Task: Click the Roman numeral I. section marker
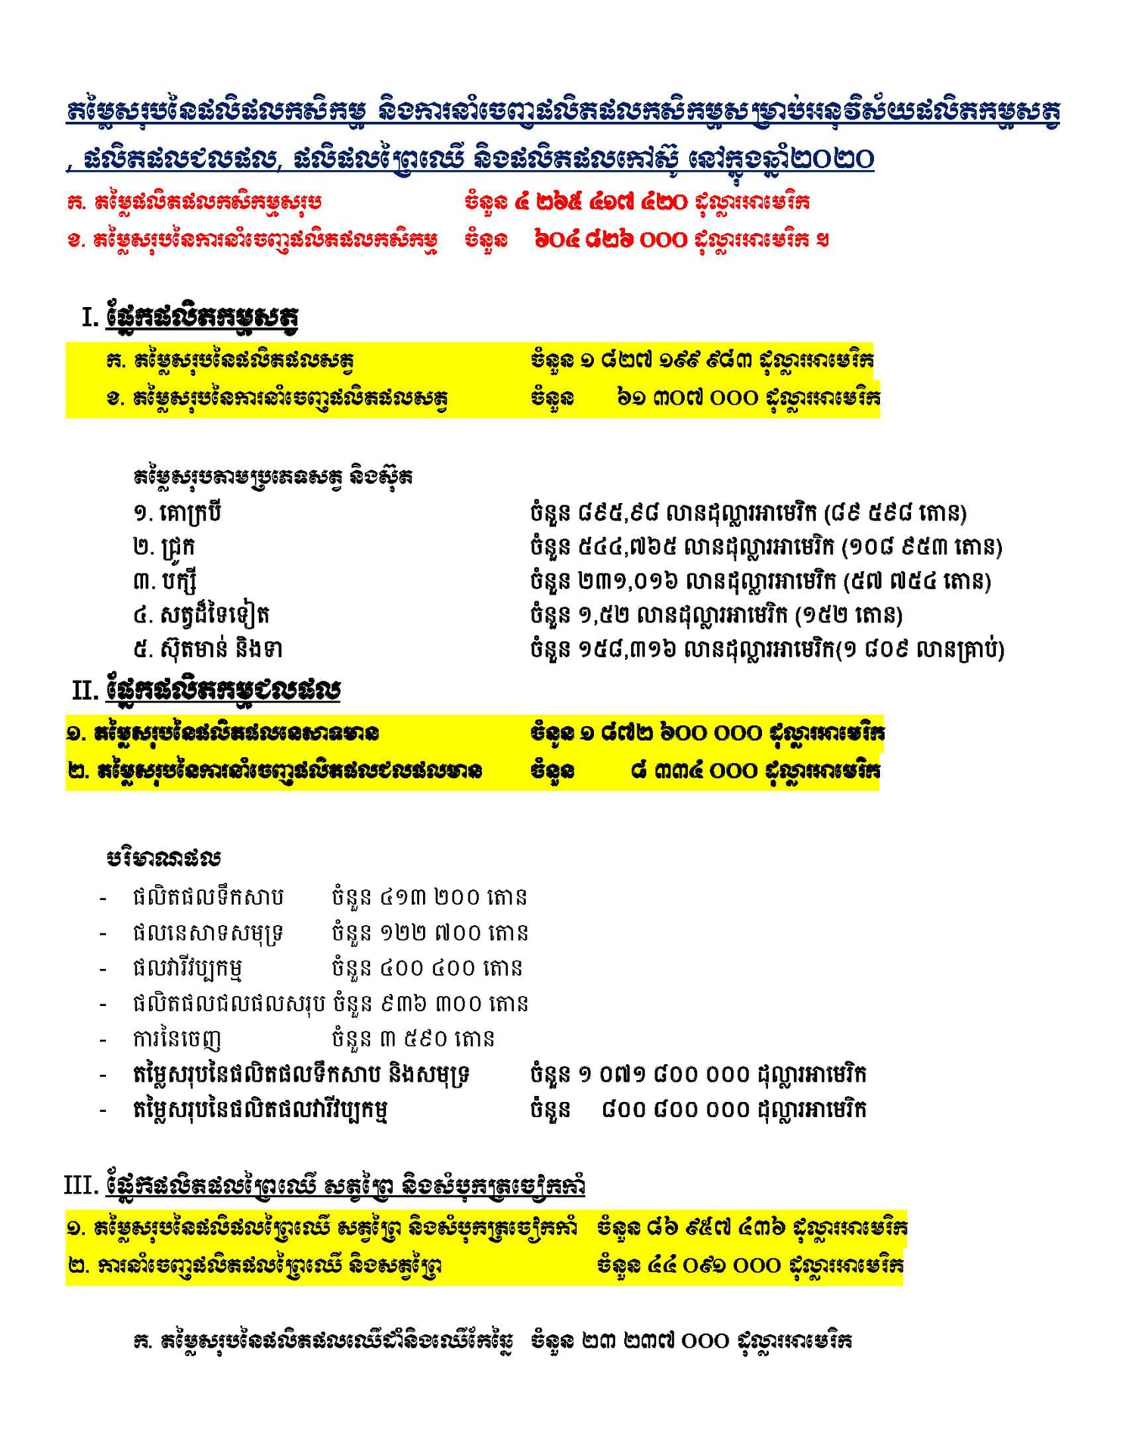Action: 90,317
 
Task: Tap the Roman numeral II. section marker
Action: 86,690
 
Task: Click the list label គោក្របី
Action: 190,513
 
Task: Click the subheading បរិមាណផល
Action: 163,858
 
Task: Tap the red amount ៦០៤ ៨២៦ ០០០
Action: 611,240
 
